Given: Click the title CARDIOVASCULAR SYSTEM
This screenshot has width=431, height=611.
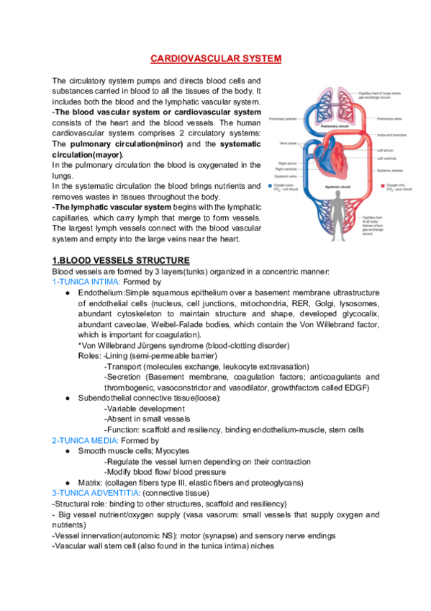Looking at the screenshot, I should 215,58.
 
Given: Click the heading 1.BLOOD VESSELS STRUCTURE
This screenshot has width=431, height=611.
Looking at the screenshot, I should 121,260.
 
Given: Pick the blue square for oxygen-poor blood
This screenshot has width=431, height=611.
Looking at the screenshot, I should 270,185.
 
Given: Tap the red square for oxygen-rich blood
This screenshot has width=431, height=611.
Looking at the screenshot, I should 379,186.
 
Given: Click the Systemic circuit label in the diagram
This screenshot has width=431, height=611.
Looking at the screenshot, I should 332,187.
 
